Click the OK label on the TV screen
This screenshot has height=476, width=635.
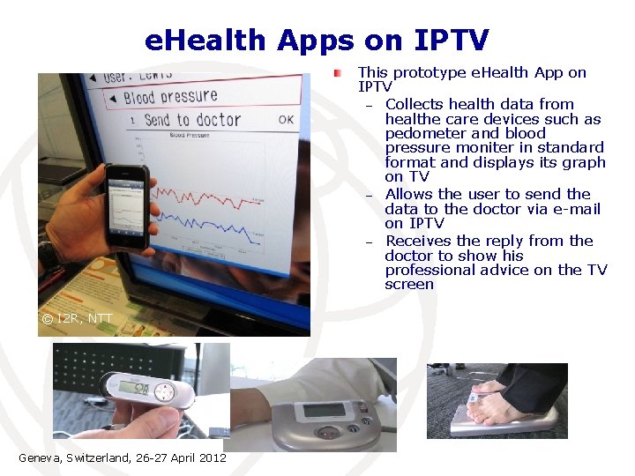point(286,119)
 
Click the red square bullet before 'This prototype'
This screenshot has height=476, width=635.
point(338,73)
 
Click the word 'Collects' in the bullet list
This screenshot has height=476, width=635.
point(417,104)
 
